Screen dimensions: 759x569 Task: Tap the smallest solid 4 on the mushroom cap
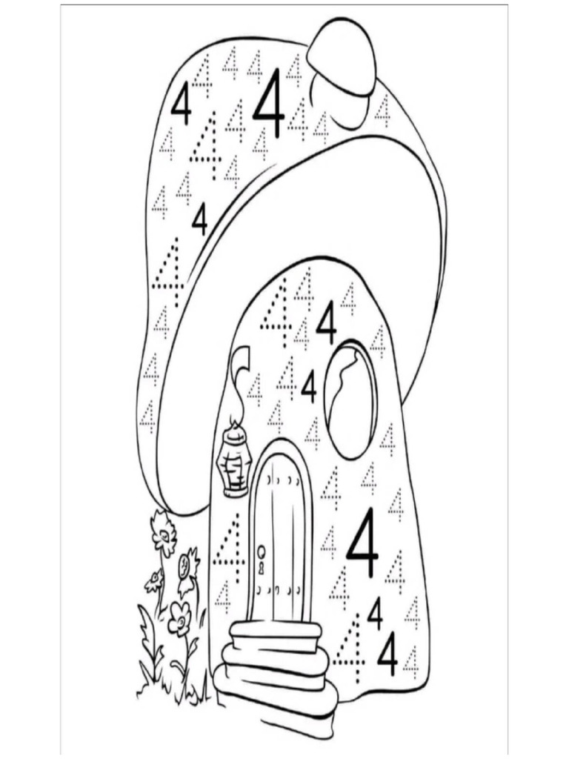pos(199,220)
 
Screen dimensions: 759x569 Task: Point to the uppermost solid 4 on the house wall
pos(327,323)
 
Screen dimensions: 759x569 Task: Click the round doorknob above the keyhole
pos(262,551)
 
